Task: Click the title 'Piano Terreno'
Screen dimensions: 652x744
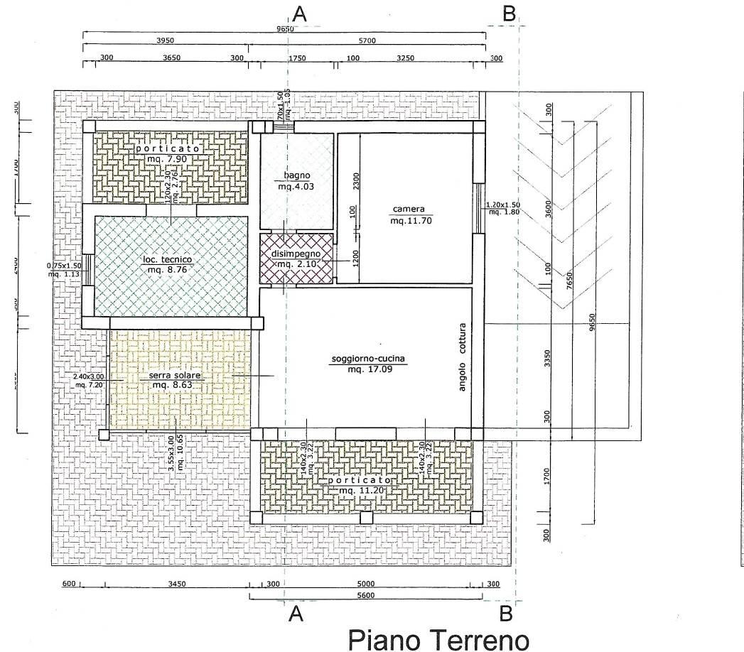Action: tap(438, 639)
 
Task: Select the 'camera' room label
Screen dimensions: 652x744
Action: tap(408, 210)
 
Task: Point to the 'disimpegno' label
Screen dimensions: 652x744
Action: tap(296, 254)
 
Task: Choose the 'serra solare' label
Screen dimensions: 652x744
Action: tap(174, 375)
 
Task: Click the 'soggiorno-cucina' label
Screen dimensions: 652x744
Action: tap(367, 359)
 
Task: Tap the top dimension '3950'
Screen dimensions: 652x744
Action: tap(165, 40)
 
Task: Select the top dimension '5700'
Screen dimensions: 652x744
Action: tap(367, 40)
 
